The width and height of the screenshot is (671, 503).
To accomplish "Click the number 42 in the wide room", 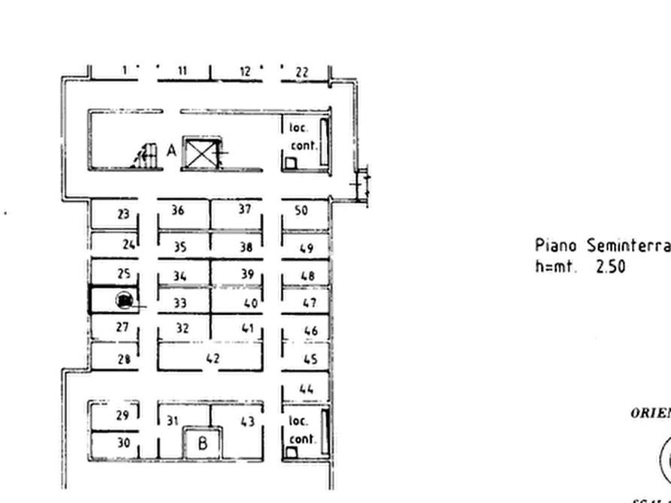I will click(x=213, y=358).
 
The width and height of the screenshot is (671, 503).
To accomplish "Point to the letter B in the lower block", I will click(x=203, y=442).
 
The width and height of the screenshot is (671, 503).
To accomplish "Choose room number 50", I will click(x=301, y=210).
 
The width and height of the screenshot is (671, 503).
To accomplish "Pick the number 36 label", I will click(x=178, y=210).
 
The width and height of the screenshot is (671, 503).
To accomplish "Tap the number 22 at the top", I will click(x=302, y=72).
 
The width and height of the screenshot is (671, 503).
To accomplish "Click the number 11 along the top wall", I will click(x=181, y=71).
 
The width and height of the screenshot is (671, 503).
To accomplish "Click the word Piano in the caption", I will click(x=556, y=245).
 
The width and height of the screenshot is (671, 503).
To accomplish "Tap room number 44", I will click(x=306, y=389).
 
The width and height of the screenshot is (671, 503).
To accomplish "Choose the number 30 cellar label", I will click(x=125, y=443).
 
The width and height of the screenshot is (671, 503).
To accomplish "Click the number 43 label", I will click(x=246, y=422).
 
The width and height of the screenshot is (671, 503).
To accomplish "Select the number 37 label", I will click(x=245, y=208).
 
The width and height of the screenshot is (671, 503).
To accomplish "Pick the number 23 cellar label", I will click(x=123, y=215).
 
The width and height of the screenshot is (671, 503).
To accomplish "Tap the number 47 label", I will click(x=309, y=303).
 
